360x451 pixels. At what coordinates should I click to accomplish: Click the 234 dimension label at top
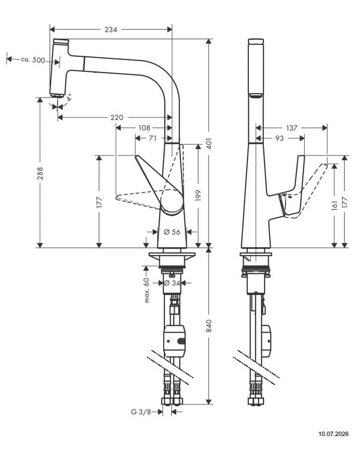111,29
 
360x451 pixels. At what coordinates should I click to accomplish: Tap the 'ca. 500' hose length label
33,60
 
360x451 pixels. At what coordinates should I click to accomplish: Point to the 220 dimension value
117,118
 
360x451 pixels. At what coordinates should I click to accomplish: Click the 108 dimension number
144,128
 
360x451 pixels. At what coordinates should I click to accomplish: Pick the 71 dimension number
152,139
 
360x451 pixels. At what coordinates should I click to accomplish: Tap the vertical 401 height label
209,143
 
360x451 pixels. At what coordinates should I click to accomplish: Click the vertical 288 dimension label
40,173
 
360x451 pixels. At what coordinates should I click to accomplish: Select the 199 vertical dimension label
198,196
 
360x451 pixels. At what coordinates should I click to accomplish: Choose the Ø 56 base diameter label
172,232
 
